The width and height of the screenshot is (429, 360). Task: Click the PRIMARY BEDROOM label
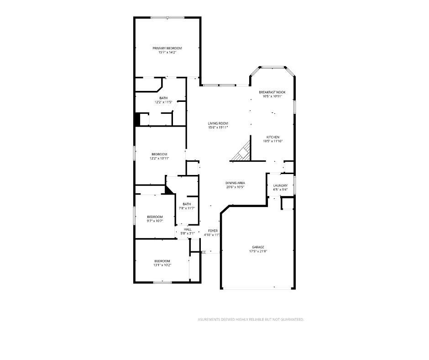point(167,48)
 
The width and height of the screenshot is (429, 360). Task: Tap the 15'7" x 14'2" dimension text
point(167,53)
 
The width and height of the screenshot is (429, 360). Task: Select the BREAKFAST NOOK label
point(272,92)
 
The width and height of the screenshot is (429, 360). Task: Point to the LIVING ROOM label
point(218,123)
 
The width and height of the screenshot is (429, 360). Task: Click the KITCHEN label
point(273,137)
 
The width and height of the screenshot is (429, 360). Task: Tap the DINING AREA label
point(235,183)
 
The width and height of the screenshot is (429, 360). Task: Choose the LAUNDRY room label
point(280,185)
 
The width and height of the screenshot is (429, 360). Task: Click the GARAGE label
point(258,247)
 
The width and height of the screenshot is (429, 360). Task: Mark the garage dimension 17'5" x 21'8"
point(258,251)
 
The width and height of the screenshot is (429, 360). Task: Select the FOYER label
point(213,231)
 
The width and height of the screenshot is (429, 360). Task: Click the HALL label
point(188,229)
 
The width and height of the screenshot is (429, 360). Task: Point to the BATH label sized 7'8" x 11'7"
point(187,204)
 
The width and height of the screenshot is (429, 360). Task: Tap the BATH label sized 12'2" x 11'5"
point(163,98)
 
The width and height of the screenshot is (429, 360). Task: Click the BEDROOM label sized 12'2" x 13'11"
point(159,154)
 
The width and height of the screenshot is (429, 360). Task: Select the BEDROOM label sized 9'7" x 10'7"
point(155,217)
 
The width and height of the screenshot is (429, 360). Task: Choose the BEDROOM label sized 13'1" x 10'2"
point(162,261)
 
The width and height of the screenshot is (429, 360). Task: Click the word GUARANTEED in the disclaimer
point(291,320)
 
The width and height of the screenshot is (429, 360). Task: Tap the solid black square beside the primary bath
point(137,119)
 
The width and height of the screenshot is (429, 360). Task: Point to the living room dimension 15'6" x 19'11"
point(218,127)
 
